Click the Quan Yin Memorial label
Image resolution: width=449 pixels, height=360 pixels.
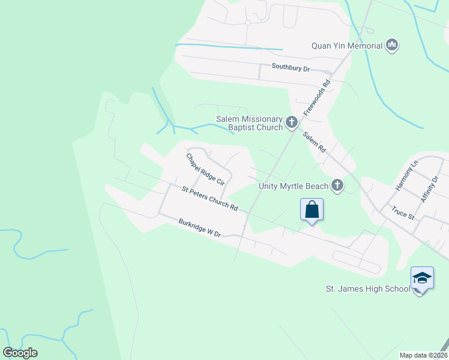(346, 46)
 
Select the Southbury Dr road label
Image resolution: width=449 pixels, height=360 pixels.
(291, 68)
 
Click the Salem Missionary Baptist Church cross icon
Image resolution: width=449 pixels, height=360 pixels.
(292, 123)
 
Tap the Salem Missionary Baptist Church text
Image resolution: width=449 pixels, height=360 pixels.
(250, 123)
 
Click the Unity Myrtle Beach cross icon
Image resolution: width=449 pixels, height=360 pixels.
(338, 185)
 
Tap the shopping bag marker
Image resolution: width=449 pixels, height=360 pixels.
(312, 210)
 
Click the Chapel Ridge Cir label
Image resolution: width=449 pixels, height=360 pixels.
(205, 169)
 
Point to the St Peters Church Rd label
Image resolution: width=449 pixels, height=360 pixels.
(210, 198)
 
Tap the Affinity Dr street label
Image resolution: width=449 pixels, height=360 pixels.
(430, 188)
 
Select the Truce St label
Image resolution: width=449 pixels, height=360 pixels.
(403, 213)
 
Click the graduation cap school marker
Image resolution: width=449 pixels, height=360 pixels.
(421, 278)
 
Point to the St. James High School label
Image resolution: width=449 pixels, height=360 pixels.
(368, 290)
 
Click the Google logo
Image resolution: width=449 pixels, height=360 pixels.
(20, 353)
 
